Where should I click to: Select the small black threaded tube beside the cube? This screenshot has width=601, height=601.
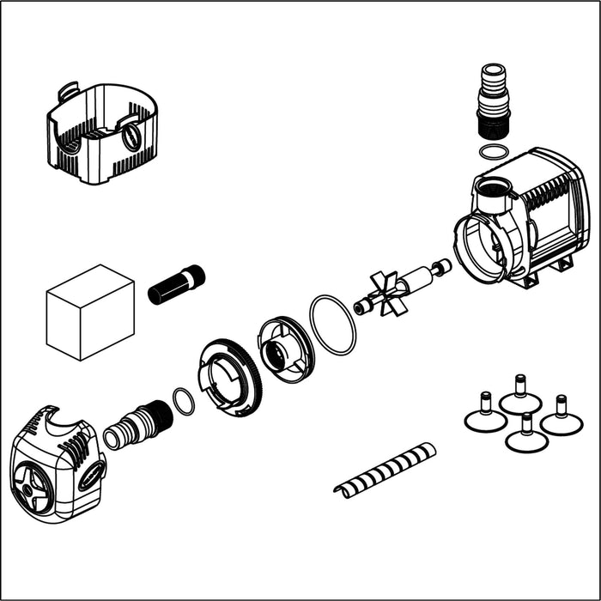[177, 285]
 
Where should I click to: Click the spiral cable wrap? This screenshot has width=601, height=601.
[385, 470]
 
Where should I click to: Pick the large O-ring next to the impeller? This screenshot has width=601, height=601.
[332, 325]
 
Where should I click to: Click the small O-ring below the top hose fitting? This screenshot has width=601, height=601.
[493, 152]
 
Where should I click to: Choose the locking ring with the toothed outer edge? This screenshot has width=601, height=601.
[229, 378]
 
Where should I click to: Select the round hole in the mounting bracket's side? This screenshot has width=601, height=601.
[131, 137]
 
